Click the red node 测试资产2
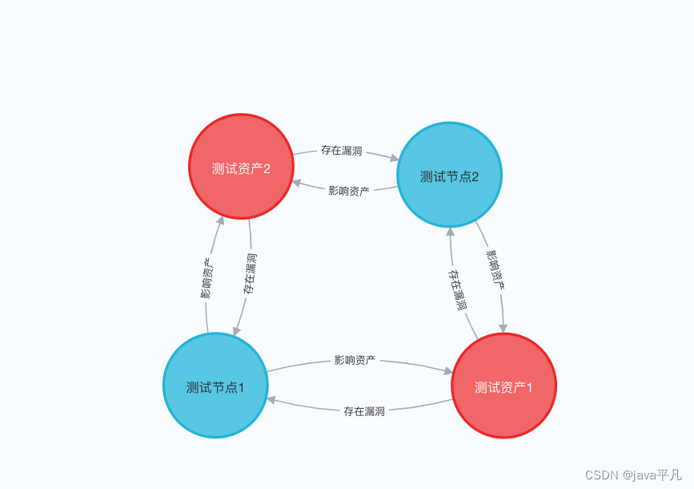[x=241, y=167]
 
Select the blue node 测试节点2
[x=449, y=175]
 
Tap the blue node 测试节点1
[x=215, y=386]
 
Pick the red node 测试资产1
[x=503, y=386]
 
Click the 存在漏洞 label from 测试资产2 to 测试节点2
[x=341, y=150]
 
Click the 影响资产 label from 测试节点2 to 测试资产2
[x=349, y=191]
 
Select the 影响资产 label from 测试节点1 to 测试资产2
[x=207, y=278]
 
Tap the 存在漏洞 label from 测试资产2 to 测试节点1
[x=251, y=273]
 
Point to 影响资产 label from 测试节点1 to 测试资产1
[x=355, y=360]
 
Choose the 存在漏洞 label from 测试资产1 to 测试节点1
[x=364, y=411]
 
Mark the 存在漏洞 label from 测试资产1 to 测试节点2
[x=457, y=289]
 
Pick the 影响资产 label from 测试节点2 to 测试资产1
[x=495, y=269]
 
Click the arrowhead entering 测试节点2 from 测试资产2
[x=393, y=158]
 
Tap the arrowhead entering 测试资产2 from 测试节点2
[x=297, y=183]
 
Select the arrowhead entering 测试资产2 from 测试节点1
[x=221, y=220]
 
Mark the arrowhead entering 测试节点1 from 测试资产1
[x=271, y=398]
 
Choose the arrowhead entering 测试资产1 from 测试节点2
[x=503, y=327]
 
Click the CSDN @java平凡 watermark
[x=633, y=475]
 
